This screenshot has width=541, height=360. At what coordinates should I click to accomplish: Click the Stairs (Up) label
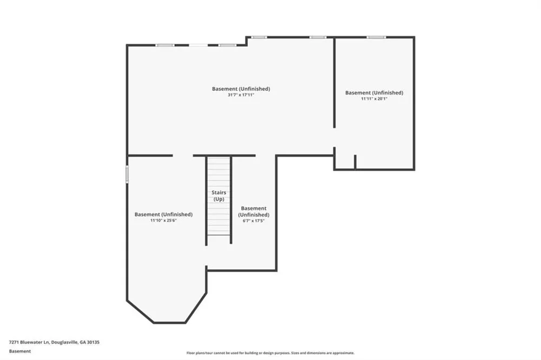click(x=219, y=196)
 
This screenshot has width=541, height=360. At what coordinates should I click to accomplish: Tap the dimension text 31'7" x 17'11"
click(x=241, y=95)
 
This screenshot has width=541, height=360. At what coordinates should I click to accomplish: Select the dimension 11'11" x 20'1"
click(x=374, y=98)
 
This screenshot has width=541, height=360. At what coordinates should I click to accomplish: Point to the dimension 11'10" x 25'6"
click(x=163, y=221)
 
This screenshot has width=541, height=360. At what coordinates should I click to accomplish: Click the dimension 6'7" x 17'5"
click(x=254, y=221)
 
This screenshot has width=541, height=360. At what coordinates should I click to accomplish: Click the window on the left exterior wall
click(x=127, y=174)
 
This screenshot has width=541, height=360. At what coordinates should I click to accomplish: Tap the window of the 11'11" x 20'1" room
click(x=376, y=37)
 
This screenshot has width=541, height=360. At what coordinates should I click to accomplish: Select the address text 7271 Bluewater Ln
click(x=29, y=342)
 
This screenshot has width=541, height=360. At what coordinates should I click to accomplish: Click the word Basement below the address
click(x=20, y=351)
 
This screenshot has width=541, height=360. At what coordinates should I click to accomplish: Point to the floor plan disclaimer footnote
click(x=270, y=353)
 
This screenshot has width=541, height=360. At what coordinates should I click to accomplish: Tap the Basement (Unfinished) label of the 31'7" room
click(x=241, y=89)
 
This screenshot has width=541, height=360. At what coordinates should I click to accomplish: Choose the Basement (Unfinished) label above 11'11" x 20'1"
click(x=374, y=93)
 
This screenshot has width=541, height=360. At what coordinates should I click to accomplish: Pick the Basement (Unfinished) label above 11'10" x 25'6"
click(x=163, y=215)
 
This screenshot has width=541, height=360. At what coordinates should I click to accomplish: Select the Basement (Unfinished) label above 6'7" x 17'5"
click(x=254, y=211)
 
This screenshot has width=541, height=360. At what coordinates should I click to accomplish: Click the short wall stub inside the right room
click(x=355, y=162)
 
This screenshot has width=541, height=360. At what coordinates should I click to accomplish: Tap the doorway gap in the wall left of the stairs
click(x=183, y=156)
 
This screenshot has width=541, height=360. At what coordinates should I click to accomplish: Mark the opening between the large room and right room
click(x=334, y=138)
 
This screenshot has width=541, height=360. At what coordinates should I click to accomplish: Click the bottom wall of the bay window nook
click(x=169, y=323)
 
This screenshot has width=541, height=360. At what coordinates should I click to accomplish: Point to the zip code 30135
click(x=93, y=342)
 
